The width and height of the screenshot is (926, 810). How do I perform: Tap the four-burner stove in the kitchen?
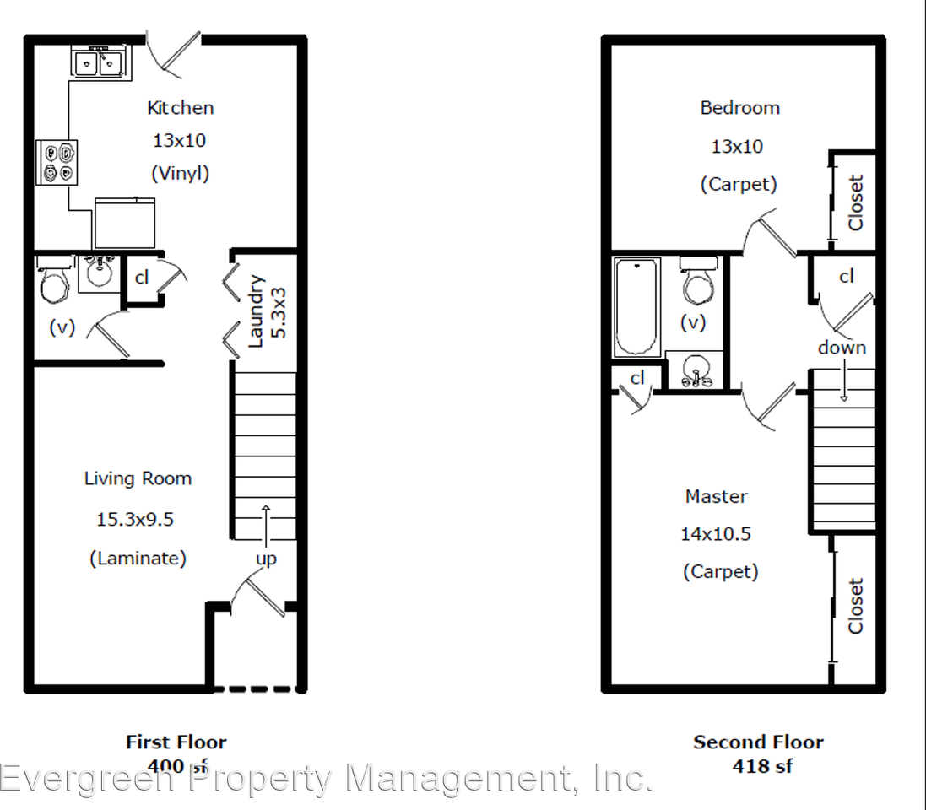pyautogui.click(x=57, y=163)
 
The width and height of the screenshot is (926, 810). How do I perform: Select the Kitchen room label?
pyautogui.click(x=180, y=108)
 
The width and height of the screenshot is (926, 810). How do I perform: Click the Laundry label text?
pyautogui.click(x=257, y=310)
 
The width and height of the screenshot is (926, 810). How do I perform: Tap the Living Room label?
pyautogui.click(x=138, y=478)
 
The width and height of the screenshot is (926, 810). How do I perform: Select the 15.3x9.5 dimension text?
pyautogui.click(x=135, y=519)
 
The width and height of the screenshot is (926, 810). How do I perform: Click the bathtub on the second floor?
pyautogui.click(x=637, y=308)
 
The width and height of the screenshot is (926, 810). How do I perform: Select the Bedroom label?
pyautogui.click(x=739, y=108)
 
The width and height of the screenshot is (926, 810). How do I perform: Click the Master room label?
pyautogui.click(x=716, y=496)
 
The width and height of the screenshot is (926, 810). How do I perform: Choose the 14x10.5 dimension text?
pyautogui.click(x=716, y=534)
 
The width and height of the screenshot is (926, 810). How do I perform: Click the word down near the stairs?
pyautogui.click(x=841, y=348)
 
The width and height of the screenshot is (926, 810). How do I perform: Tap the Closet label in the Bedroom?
pyautogui.click(x=856, y=202)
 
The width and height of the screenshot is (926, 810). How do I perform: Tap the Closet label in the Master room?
pyautogui.click(x=856, y=605)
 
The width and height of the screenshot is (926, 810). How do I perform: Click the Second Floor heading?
pyautogui.click(x=758, y=742)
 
